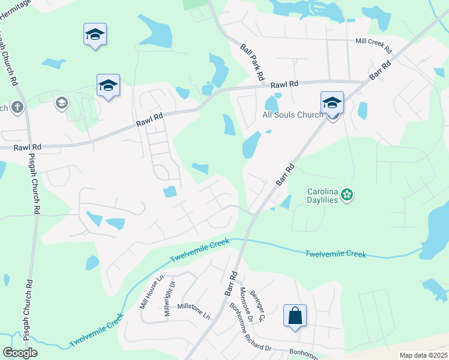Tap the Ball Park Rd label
[253, 62]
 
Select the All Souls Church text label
[293, 115]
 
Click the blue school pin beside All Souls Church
[332, 104]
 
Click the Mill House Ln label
[151, 292]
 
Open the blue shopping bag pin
[295, 317]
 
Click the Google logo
[19, 353]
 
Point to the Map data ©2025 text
[424, 355]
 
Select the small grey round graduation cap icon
[61, 104]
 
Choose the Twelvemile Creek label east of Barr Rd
[336, 254]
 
